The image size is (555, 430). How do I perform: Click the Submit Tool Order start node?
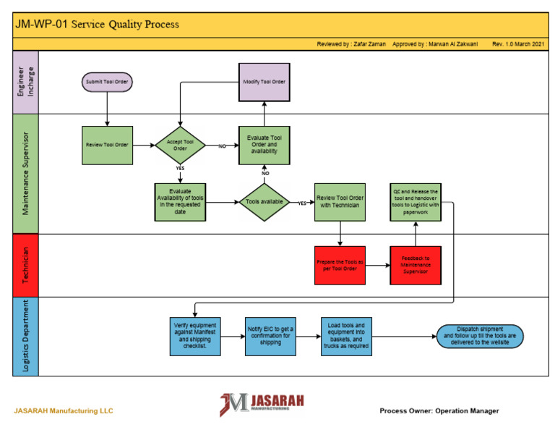tap(107, 82)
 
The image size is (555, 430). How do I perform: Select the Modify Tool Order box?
tap(264, 82)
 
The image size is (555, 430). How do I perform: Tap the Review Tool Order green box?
tap(107, 145)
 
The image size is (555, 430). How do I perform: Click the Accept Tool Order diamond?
tap(180, 145)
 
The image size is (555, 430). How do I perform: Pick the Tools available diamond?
tap(264, 202)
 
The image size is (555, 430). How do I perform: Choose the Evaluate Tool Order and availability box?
tap(264, 145)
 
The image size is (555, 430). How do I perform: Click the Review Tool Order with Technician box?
tap(340, 202)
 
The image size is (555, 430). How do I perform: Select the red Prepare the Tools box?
tap(340, 265)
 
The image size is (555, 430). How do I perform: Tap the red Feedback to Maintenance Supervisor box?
tap(416, 265)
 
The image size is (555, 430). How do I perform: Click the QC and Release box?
tap(416, 202)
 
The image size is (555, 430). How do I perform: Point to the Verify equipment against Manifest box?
tap(195, 336)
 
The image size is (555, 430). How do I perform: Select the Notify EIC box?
tap(269, 336)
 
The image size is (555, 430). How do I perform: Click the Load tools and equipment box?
tap(345, 336)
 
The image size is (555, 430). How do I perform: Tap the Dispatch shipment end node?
tap(480, 336)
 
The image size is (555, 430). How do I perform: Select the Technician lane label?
tap(25, 265)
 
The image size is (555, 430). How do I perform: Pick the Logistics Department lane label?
tap(25, 336)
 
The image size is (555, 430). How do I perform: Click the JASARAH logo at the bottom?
tap(262, 405)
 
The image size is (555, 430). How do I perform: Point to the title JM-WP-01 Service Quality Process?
tap(98, 24)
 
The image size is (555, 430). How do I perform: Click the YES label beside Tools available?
tap(302, 203)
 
